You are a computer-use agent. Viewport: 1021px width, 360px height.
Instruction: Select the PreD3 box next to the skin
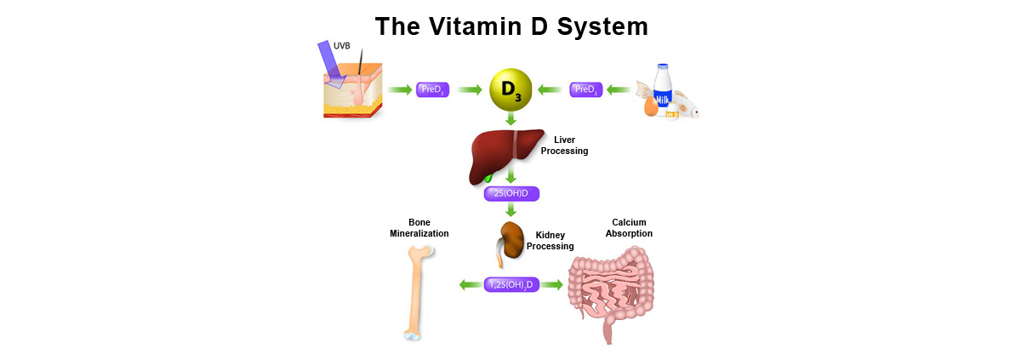coord(432,89)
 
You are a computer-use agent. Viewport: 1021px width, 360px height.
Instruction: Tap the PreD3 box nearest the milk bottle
coord(586,89)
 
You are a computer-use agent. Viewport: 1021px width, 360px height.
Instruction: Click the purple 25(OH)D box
coord(511,193)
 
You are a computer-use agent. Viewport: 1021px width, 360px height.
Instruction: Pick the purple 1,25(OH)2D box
coord(510,285)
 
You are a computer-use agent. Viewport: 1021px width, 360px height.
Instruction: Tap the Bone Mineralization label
coord(419,227)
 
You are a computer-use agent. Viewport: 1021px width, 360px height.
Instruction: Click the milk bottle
coord(663,89)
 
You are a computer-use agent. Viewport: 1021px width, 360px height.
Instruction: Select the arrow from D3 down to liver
coord(510,121)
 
